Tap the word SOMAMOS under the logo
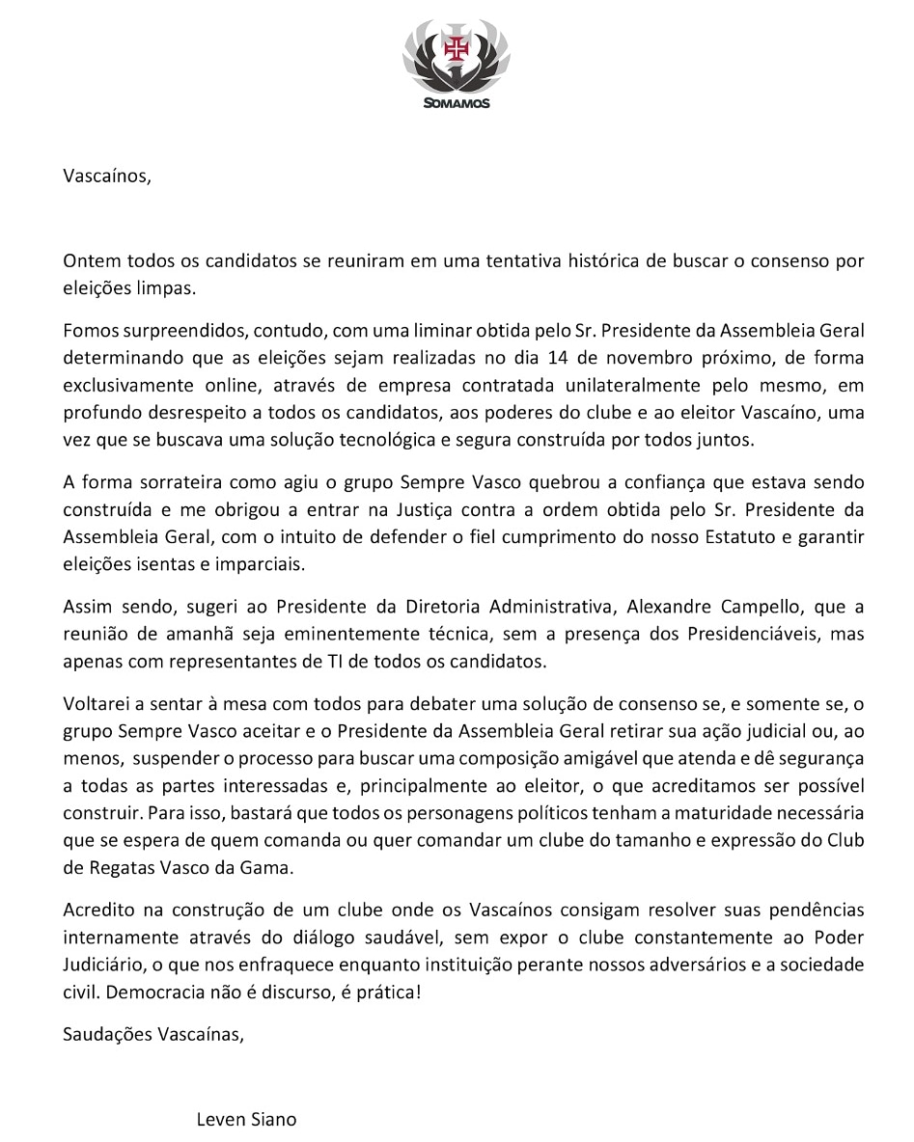pos(457,103)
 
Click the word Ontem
pos(88,261)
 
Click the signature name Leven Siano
pos(246,1120)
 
